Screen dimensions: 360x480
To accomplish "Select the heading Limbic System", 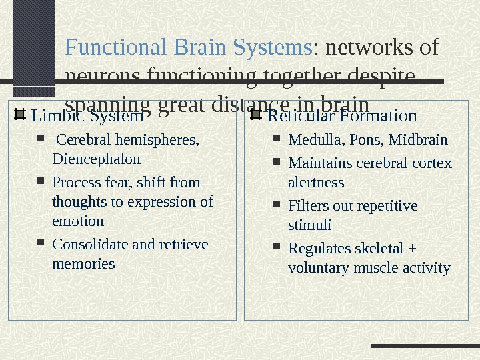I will (x=87, y=117).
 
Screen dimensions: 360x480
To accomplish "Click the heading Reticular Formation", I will (x=342, y=117).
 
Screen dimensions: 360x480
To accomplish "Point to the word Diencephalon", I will (x=96, y=159).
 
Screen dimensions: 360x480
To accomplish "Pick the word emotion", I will (x=78, y=221).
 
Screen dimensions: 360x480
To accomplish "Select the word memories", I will (x=83, y=264).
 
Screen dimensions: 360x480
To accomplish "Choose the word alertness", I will (x=316, y=182).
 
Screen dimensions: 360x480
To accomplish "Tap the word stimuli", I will (x=309, y=225).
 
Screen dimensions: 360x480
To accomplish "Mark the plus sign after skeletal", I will (x=411, y=249).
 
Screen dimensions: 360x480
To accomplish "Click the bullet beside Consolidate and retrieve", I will (x=41, y=244).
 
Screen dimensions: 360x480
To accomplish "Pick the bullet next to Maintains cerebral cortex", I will (x=277, y=163).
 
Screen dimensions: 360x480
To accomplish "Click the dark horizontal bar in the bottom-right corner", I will (x=424, y=346).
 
